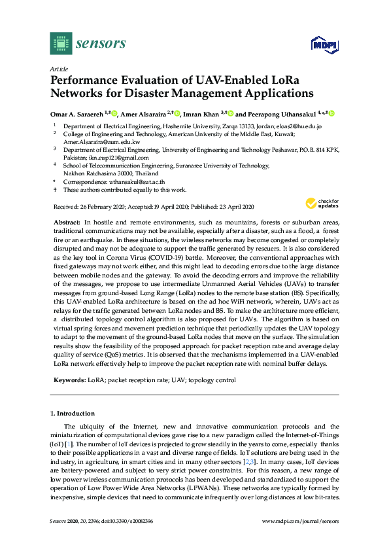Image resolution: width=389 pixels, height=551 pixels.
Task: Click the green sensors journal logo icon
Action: pos(61,43)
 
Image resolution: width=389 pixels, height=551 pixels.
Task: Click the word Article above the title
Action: pos(59,68)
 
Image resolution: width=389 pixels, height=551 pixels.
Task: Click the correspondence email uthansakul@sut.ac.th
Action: pos(137,181)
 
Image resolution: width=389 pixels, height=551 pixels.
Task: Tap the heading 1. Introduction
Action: pos(72,414)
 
